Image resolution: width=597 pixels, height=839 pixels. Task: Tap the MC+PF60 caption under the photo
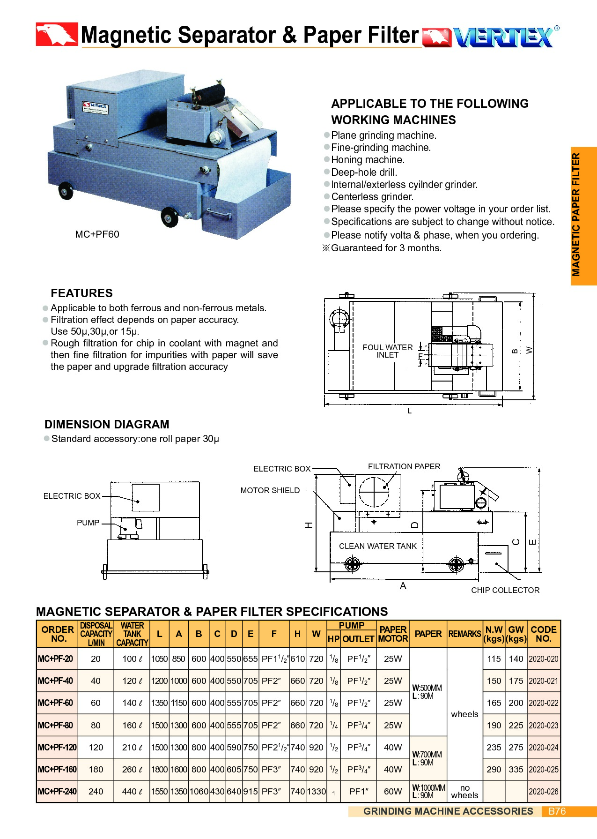tap(97, 234)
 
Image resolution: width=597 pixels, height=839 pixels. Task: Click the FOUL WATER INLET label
tap(387, 351)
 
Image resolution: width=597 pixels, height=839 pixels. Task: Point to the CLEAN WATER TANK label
tap(377, 546)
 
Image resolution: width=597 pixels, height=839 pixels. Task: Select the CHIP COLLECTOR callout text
tap(505, 590)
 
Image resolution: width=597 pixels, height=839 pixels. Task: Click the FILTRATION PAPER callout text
tap(404, 466)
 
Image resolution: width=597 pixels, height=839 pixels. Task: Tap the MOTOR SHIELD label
tap(270, 490)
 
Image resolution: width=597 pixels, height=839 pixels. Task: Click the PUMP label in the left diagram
tap(88, 523)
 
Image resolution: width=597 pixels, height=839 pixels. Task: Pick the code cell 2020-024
tap(543, 747)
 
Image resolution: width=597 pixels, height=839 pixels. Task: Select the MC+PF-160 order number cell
tap(57, 769)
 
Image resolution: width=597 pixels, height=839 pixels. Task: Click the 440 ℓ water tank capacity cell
tap(132, 791)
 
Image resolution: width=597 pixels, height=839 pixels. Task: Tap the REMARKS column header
tap(464, 634)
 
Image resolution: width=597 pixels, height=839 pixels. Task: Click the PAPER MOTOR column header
tap(393, 634)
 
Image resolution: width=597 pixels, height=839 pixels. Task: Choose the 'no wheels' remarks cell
tap(464, 791)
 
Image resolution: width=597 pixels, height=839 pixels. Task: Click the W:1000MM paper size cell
tap(428, 791)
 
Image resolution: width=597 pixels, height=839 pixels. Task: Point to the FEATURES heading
tap(81, 293)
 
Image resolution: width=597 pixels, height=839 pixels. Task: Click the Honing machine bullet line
tap(368, 160)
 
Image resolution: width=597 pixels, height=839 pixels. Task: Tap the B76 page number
tap(557, 811)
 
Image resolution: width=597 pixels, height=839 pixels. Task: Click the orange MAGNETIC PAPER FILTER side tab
tap(583, 216)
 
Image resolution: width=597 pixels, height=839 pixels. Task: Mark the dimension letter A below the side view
tap(403, 586)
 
